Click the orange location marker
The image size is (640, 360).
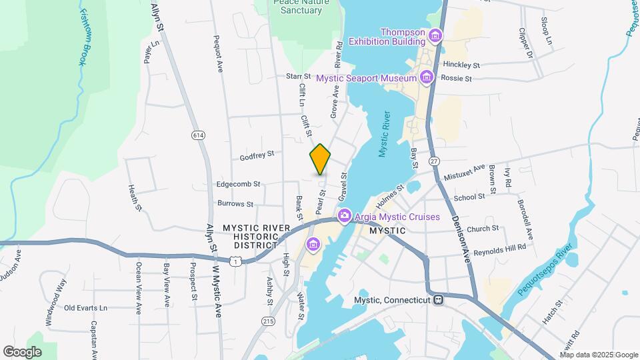click(320, 160)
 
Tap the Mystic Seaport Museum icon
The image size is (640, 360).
click(427, 78)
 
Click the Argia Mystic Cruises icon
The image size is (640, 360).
click(344, 215)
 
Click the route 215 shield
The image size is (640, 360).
click(268, 321)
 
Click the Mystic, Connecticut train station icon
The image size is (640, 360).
click(438, 299)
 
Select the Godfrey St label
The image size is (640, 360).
click(257, 155)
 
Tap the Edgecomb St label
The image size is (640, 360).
click(238, 184)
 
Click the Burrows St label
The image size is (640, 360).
click(235, 203)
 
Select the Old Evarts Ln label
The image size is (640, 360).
click(85, 308)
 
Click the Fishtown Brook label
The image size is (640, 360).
click(83, 37)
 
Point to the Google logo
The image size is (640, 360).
click(22, 351)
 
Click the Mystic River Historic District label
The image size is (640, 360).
click(257, 236)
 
